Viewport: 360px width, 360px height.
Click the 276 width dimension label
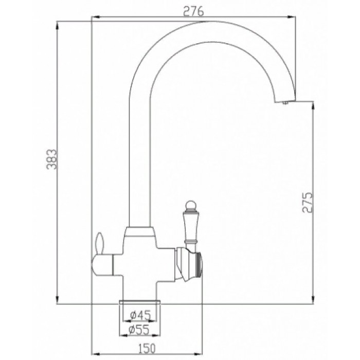click(x=194, y=11)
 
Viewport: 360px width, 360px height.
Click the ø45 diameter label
click(x=140, y=315)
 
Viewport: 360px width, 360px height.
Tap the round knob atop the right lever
click(x=189, y=207)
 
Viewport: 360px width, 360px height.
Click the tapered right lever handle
click(x=189, y=226)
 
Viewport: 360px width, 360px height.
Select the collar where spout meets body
click(x=140, y=230)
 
